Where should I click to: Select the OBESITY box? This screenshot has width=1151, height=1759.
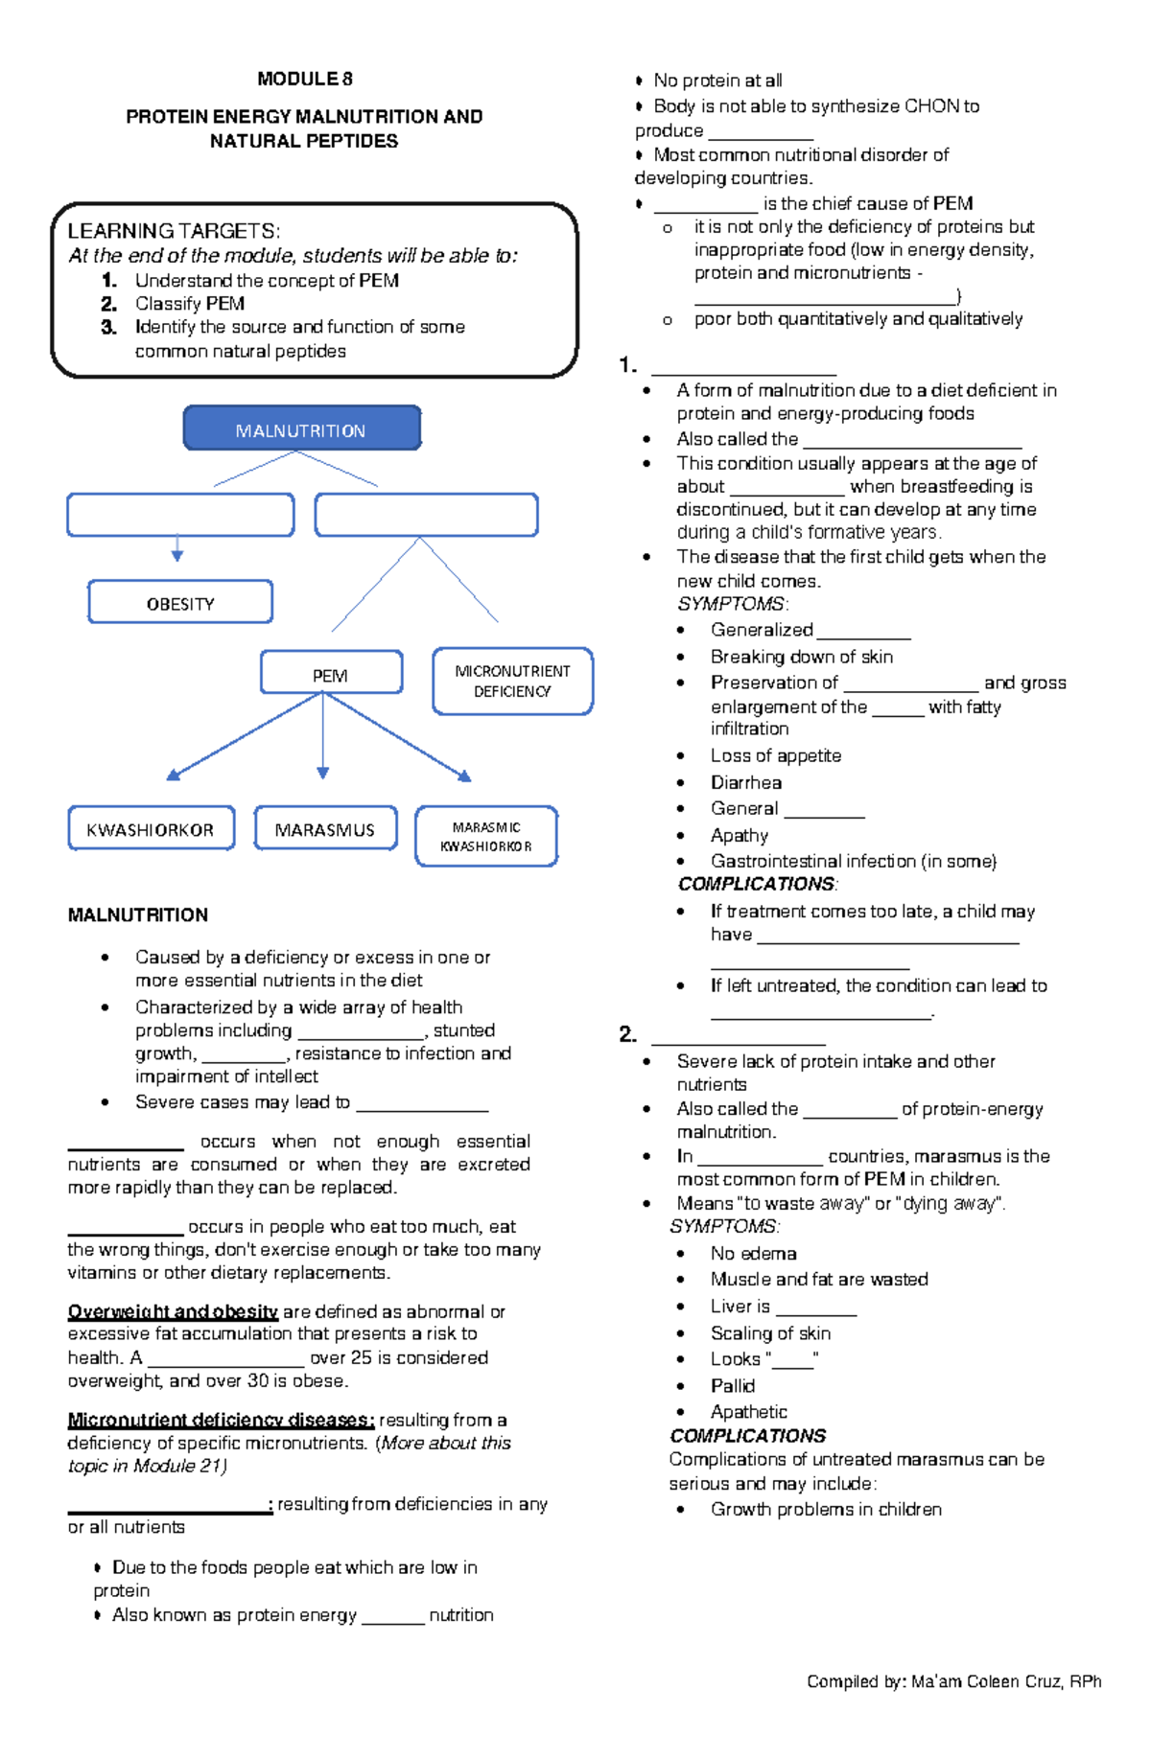(180, 603)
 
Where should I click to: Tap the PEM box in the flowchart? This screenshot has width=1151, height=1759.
(330, 674)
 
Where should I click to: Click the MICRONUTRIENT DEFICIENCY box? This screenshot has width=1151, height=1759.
(512, 681)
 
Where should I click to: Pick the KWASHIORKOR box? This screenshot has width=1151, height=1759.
(151, 829)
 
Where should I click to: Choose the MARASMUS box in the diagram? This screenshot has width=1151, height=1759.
(325, 829)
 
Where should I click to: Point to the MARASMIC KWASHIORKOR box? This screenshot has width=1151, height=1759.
(485, 837)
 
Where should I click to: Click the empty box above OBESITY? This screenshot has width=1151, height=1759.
(180, 516)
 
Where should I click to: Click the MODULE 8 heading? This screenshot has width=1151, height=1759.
(304, 79)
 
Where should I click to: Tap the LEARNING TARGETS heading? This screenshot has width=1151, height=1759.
(174, 231)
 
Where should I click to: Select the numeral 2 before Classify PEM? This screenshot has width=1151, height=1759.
(108, 304)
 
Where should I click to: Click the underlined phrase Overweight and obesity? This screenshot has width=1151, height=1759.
(173, 1311)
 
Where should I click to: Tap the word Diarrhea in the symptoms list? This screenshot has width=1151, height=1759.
(745, 782)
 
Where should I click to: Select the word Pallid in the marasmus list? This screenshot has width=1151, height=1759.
(732, 1385)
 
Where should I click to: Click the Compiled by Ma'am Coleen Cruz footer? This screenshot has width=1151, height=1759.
(953, 1681)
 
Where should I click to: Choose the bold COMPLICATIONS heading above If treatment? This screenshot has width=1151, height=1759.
(757, 884)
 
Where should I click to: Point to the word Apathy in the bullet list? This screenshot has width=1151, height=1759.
(739, 835)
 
